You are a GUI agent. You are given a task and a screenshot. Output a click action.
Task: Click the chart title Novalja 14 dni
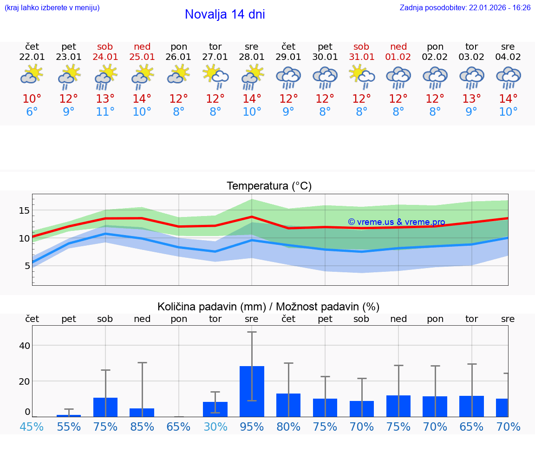[x=225, y=14]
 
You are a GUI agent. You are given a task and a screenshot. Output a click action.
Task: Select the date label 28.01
[x=252, y=57]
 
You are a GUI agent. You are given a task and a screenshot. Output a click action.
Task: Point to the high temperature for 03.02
[x=471, y=99]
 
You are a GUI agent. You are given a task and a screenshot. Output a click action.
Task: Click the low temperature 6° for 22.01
[x=32, y=112]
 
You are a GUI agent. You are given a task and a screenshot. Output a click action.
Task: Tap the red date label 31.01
[x=361, y=57]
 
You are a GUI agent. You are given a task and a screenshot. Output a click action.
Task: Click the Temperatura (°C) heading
[x=269, y=186]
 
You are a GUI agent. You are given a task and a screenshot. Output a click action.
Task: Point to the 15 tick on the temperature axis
[x=24, y=210]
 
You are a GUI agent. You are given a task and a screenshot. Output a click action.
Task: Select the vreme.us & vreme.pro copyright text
[x=396, y=222]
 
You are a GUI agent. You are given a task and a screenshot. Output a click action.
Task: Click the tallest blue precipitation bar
[x=252, y=391]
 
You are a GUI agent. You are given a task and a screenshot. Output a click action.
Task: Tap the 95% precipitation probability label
[x=252, y=427]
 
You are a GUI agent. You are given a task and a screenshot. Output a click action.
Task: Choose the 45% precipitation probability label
[x=32, y=427]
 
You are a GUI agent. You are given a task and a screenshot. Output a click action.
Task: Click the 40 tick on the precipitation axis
[x=24, y=346]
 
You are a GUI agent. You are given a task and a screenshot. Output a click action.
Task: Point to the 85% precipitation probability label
[x=142, y=427]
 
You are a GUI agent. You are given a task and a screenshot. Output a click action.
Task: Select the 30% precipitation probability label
[x=215, y=427]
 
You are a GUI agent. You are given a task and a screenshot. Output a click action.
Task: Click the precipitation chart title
[x=268, y=307]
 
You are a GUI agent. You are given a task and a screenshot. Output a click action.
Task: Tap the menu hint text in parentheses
[x=52, y=7]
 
